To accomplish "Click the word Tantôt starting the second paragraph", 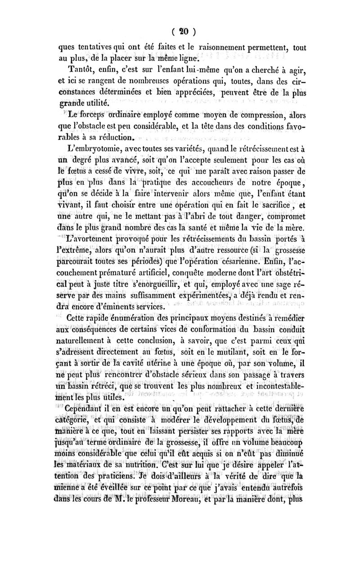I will pos(81,68).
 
